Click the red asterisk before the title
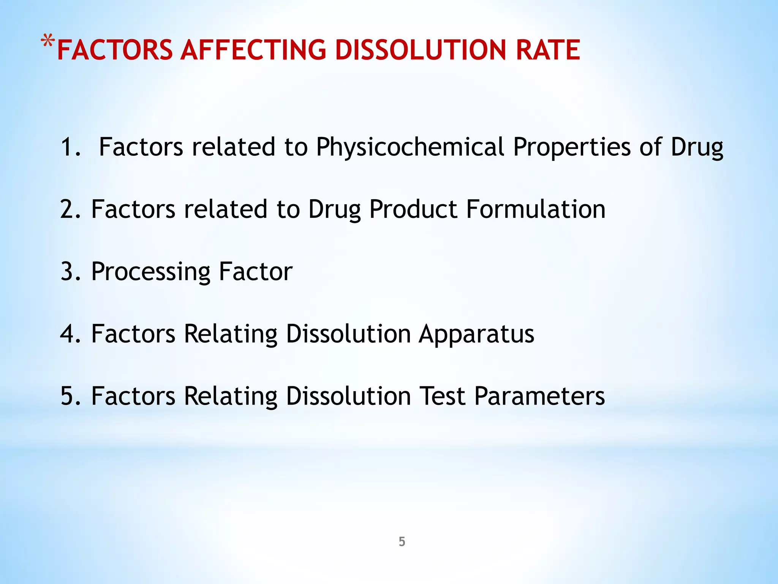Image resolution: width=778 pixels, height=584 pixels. point(48,41)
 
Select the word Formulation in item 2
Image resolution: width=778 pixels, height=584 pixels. point(536,209)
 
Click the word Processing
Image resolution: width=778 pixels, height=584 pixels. point(151,272)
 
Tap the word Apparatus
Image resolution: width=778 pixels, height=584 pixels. point(476,334)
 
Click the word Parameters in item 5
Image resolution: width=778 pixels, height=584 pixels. point(539,397)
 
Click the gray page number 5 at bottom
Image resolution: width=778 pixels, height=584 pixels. point(402,541)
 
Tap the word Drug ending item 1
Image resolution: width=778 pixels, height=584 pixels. point(697,147)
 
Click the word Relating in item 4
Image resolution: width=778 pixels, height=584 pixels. point(231,334)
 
